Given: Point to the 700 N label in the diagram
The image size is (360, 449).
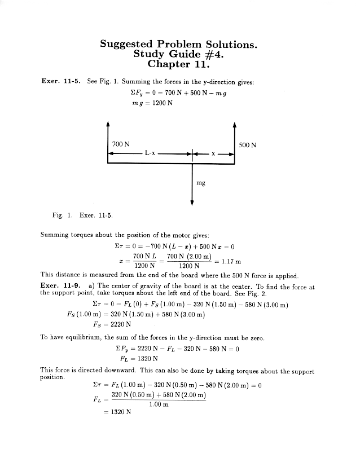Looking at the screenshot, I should (x=121, y=144).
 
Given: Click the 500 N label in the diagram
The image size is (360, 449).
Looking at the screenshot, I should (x=247, y=145).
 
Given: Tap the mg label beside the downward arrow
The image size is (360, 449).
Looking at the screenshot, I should (x=200, y=183).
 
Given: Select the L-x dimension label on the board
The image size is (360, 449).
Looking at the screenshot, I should (x=150, y=153).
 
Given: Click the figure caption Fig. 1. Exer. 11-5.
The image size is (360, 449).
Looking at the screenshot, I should (x=82, y=215).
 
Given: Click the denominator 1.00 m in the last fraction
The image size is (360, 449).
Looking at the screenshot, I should (x=159, y=404).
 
